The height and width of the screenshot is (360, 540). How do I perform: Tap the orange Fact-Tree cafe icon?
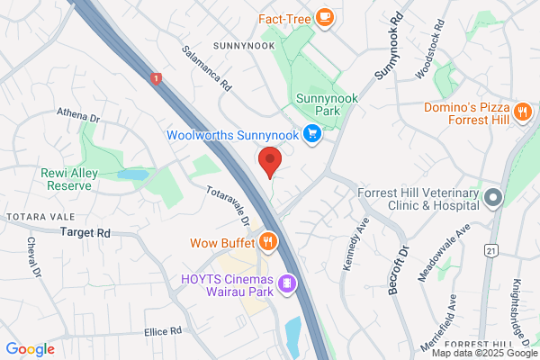[324, 16]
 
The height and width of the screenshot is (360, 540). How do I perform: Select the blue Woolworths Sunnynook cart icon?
[312, 135]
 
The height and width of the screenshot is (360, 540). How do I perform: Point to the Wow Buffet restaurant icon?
[267, 241]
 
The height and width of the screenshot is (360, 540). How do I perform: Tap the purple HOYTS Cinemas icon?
[287, 283]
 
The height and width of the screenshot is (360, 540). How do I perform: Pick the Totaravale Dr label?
[228, 207]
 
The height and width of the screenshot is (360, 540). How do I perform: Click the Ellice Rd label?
[163, 332]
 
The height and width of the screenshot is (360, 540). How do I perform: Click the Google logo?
[30, 349]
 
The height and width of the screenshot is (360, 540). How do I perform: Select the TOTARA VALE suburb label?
[33, 218]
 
